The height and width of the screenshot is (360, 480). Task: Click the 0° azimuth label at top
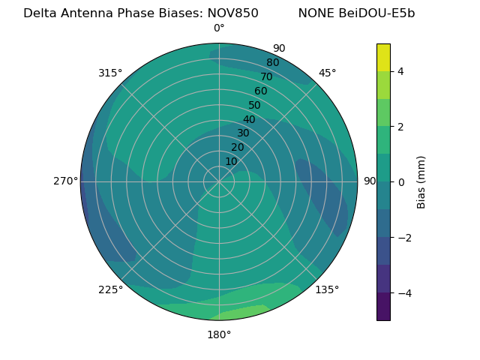(x=219, y=28)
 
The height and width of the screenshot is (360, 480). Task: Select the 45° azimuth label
(x=327, y=73)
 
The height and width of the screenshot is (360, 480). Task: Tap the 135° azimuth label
(x=327, y=289)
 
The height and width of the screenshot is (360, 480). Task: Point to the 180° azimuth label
(x=219, y=334)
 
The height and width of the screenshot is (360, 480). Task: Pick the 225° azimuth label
(x=110, y=289)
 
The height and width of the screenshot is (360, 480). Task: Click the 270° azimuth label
(x=65, y=181)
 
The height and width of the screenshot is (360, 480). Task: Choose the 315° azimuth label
(x=110, y=73)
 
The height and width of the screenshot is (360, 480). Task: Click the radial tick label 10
(x=231, y=161)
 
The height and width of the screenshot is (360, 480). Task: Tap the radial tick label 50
(x=254, y=105)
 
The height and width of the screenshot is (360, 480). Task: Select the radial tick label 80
(x=272, y=62)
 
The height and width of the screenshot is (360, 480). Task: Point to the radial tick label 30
(x=243, y=133)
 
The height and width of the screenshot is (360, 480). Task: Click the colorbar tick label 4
(x=401, y=71)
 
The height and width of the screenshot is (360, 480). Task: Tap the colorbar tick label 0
(x=401, y=181)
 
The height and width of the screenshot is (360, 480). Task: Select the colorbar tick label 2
(x=401, y=127)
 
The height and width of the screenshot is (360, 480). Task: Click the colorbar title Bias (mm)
(x=421, y=181)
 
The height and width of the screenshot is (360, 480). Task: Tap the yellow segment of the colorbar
(x=383, y=57)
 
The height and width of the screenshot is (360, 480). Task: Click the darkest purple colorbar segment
(x=383, y=306)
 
